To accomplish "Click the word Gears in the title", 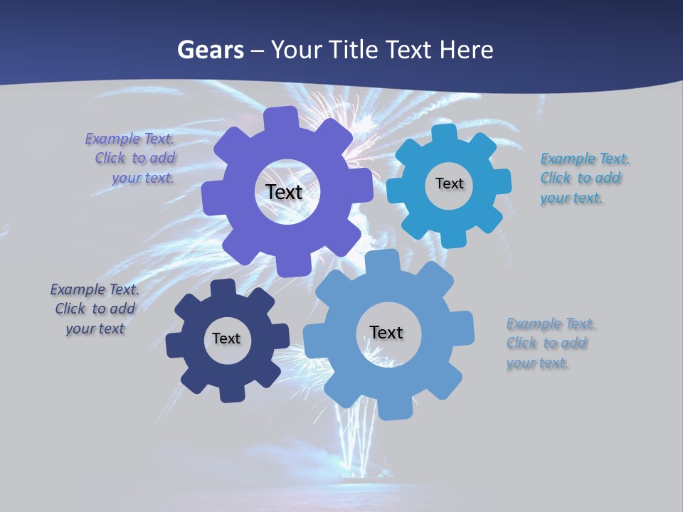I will click(210, 50).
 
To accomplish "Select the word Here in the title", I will click(466, 50).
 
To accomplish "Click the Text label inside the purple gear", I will click(284, 192).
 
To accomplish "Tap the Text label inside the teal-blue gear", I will click(449, 183).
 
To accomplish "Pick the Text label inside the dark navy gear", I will click(226, 338).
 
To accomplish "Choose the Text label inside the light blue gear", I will click(386, 332).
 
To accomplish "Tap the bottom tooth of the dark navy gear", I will click(233, 393).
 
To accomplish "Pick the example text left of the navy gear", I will click(95, 309).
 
